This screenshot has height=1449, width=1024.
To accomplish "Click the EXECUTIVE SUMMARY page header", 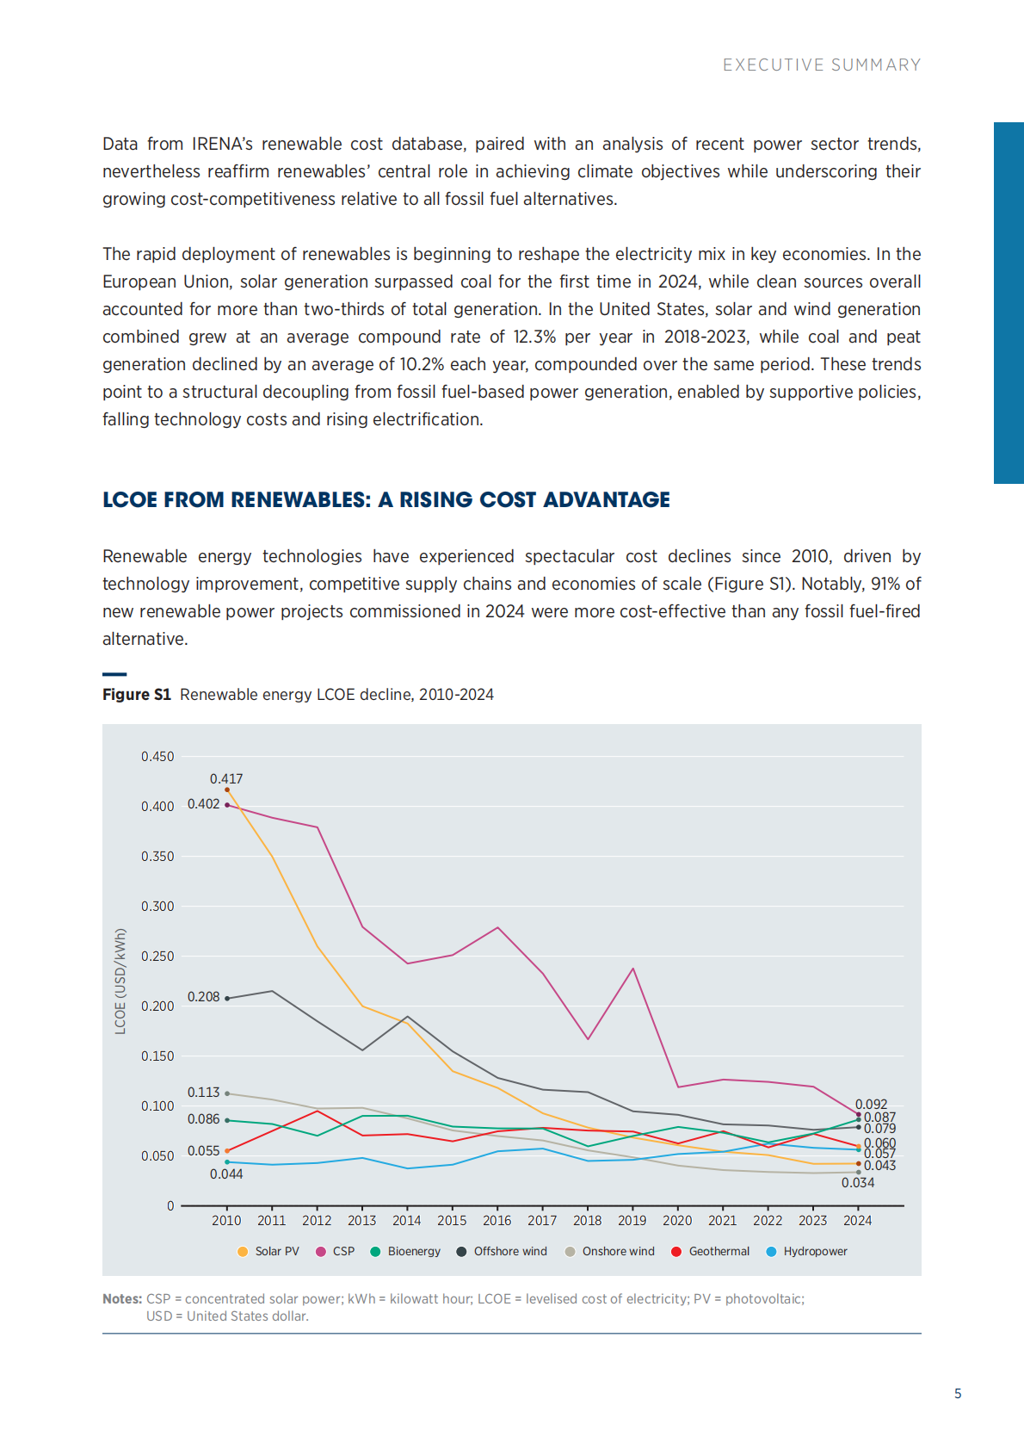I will tap(821, 65).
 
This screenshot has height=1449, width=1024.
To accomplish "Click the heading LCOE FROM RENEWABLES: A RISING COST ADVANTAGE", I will tap(386, 500).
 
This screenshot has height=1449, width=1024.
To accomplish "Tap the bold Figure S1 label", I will tap(137, 695).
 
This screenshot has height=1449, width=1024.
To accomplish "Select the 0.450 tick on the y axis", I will tap(157, 757).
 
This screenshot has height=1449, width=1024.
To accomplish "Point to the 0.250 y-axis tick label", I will tap(157, 957).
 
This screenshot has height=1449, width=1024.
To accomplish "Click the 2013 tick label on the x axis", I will tap(361, 1221).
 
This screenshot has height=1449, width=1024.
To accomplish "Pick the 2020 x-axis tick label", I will tap(677, 1221).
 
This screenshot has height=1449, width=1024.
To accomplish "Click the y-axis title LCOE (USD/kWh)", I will tap(120, 981).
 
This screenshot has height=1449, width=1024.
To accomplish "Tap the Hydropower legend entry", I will tap(806, 1252).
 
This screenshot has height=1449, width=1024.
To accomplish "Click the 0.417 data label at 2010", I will tap(226, 779).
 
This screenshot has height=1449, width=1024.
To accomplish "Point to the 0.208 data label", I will tap(204, 997).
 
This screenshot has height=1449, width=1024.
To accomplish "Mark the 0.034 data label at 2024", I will tap(858, 1183).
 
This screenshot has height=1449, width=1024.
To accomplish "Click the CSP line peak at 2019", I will tap(633, 969).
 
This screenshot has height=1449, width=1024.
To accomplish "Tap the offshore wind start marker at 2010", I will tap(227, 999).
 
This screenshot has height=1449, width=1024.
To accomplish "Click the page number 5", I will tap(958, 1394).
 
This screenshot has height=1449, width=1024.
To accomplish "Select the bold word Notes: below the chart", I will tap(122, 1299).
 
